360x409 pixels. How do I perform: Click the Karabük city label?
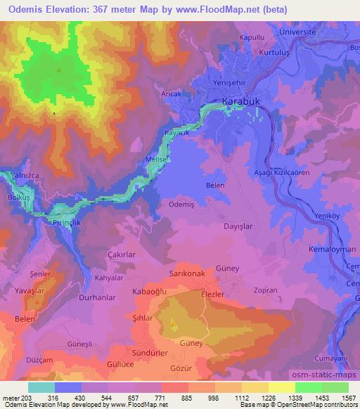[241, 102]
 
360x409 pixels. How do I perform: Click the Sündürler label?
[148, 350]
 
